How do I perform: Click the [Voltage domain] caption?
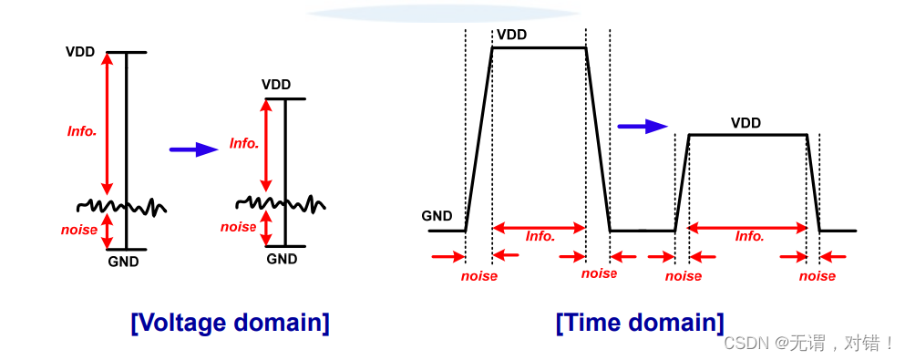(230, 323)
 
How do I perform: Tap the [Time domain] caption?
(640, 323)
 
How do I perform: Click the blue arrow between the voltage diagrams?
(193, 149)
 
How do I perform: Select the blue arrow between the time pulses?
(643, 127)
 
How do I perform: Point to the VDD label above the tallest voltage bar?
(79, 51)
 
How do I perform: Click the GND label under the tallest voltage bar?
(123, 262)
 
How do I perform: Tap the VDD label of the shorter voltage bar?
(276, 85)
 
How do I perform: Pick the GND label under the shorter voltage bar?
(282, 259)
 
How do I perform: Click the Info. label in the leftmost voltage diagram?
(82, 131)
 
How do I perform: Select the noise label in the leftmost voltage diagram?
(79, 230)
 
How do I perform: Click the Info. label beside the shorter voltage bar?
(244, 143)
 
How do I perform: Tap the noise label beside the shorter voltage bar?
(239, 227)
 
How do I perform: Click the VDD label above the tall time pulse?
(511, 35)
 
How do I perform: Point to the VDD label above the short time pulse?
(746, 123)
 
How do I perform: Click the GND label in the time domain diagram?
(437, 216)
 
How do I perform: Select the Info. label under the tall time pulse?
(540, 236)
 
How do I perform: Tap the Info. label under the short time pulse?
(750, 236)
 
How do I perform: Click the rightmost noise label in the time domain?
(817, 275)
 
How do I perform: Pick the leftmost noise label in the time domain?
(478, 275)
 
